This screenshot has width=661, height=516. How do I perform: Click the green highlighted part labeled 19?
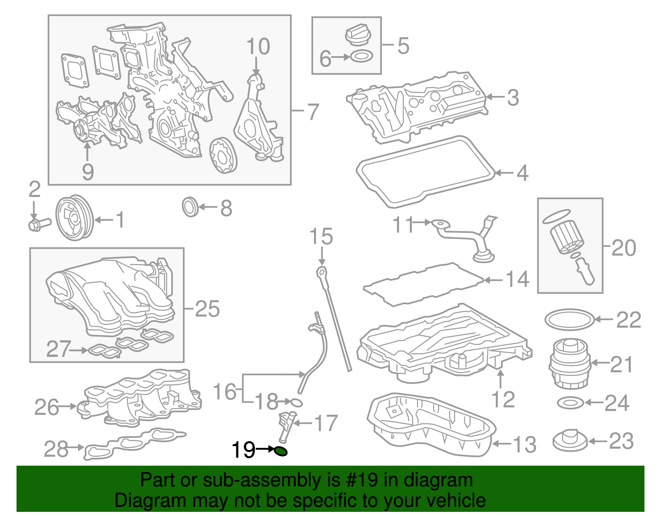pos(281,452)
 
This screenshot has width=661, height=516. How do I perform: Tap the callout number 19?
pos(243,449)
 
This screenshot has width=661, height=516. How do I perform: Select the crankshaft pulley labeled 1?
pos(74,218)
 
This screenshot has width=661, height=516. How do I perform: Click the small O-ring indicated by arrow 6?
pos(361,57)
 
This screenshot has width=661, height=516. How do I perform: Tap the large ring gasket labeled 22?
pos(570,319)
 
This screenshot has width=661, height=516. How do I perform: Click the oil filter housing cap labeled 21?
pos(570,364)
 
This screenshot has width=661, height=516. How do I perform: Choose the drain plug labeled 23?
pos(570,441)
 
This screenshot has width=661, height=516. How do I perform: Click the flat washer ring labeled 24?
pos(570,402)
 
